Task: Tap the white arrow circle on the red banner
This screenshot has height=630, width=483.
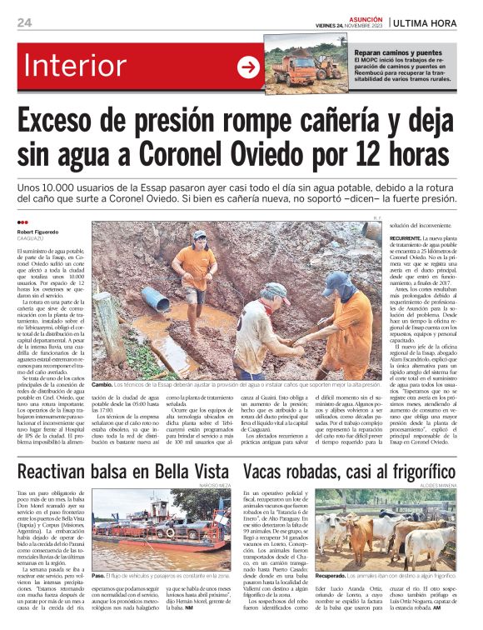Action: pyautogui.click(x=248, y=67)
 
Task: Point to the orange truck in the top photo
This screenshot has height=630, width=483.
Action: pyautogui.click(x=291, y=67)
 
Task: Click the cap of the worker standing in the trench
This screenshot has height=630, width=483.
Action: pyautogui.click(x=199, y=236)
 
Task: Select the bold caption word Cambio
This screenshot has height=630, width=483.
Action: pyautogui.click(x=102, y=384)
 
